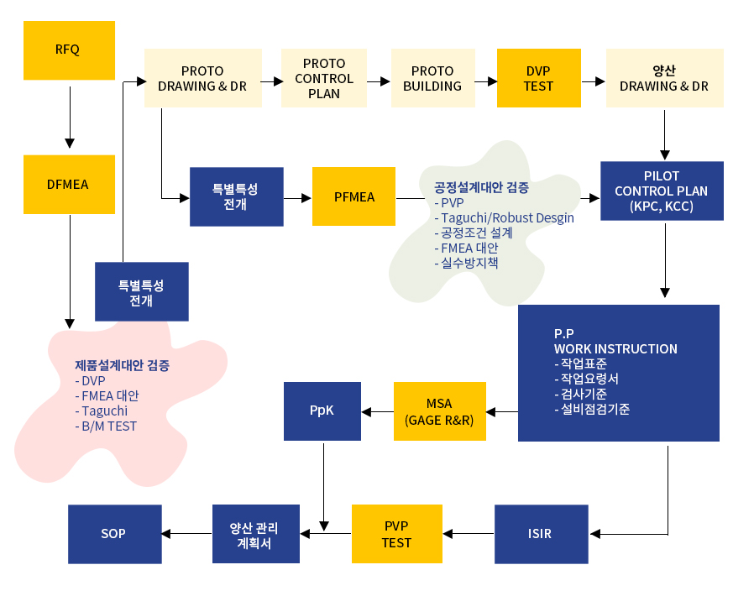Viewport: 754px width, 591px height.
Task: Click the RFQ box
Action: [x=69, y=50]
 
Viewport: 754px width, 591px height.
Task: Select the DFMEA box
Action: [x=69, y=184]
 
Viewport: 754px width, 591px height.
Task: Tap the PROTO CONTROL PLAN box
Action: [x=324, y=78]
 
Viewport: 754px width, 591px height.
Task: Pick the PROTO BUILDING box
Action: [x=432, y=78]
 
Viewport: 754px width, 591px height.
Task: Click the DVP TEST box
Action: [x=538, y=78]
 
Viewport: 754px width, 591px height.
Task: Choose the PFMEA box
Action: [x=353, y=197]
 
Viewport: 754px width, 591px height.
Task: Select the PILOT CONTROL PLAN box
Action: [x=662, y=191]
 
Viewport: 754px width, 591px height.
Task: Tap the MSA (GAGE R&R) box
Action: [x=439, y=411]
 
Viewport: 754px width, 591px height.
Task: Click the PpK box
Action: [x=322, y=411]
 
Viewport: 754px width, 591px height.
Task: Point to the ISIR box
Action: [x=541, y=534]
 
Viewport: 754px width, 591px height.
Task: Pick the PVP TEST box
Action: [x=396, y=534]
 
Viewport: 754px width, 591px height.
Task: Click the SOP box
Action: [x=113, y=534]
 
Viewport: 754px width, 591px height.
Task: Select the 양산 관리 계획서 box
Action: [x=255, y=534]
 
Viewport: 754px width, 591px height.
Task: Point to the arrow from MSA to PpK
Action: [x=377, y=411]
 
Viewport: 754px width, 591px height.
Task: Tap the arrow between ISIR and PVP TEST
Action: [x=469, y=534]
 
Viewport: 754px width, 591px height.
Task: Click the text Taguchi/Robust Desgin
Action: [x=508, y=217]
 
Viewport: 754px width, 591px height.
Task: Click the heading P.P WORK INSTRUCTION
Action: [x=615, y=341]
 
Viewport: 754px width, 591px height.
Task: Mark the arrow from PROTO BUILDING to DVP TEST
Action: [x=485, y=81]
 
